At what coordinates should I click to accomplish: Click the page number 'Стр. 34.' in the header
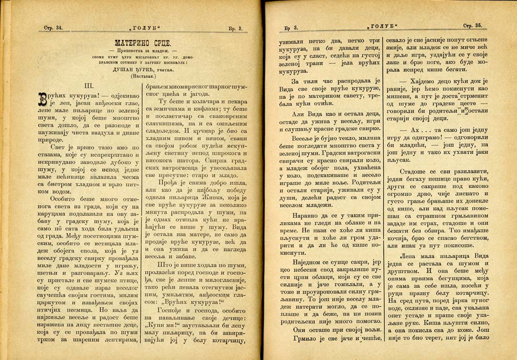pos(53,28)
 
